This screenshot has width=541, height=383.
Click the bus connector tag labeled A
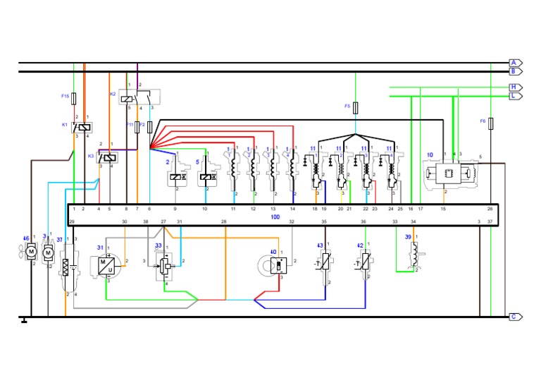click(x=516, y=63)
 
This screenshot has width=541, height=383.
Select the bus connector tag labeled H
click(x=516, y=87)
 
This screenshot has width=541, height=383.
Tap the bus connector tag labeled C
click(x=516, y=317)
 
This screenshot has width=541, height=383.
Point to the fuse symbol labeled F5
click(x=355, y=107)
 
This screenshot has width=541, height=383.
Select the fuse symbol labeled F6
click(x=491, y=123)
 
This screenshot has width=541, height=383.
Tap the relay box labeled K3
click(x=106, y=157)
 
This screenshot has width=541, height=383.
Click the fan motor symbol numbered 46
click(x=31, y=253)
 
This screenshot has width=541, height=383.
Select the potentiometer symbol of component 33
click(x=166, y=266)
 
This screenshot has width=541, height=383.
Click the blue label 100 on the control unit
click(x=275, y=217)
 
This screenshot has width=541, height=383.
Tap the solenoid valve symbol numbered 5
click(x=206, y=179)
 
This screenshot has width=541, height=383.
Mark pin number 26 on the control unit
click(x=490, y=209)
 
